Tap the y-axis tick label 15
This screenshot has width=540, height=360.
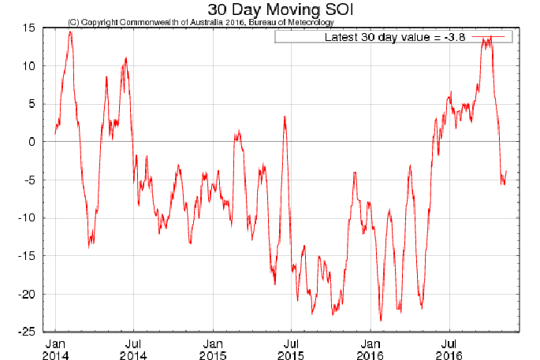point(28,28)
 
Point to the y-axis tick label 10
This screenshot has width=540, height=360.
point(28,66)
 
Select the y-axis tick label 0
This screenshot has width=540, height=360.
point(31,142)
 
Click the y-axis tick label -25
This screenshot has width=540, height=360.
point(26,332)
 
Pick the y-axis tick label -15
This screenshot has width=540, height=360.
point(26,256)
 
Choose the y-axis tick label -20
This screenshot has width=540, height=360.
point(26,294)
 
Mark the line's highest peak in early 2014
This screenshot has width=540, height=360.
point(70,32)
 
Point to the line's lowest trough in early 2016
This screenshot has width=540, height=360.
point(381,320)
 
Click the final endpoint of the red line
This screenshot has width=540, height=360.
point(506,171)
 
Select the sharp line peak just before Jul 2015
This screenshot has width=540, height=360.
point(285,117)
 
